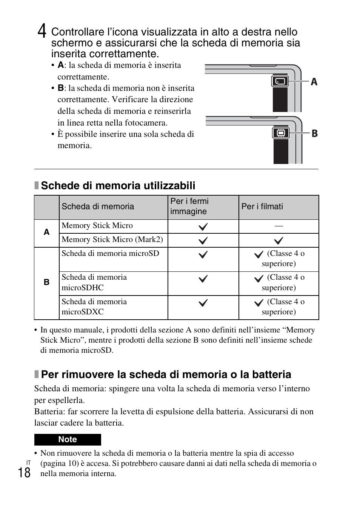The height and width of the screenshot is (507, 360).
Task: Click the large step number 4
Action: coord(42,31)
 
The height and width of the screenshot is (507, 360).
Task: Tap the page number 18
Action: coord(24,472)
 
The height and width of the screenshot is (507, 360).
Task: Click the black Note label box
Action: coord(68,440)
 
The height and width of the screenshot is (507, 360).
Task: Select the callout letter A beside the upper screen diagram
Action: coord(314,82)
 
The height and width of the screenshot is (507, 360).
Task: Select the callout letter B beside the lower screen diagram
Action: coord(314,133)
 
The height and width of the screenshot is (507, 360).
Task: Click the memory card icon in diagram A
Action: coord(280,81)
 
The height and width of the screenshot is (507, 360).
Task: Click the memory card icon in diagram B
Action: coord(280,133)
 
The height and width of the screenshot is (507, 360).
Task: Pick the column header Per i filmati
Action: coord(262,207)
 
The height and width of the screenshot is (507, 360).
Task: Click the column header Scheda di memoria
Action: coord(98,207)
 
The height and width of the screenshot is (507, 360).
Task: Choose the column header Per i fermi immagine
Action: coord(189,206)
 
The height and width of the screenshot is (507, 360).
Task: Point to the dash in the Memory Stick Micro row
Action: coord(278,226)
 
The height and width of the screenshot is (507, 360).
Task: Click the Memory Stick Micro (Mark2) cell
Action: coord(112,240)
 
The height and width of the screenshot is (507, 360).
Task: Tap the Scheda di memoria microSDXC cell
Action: coord(94,307)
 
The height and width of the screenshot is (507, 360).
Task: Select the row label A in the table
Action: coord(46,232)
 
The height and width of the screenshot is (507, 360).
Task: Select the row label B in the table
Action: coord(46,282)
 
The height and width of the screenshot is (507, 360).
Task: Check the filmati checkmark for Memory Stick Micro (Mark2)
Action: coord(278,240)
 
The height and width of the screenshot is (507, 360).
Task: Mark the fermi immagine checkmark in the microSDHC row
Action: coord(203,279)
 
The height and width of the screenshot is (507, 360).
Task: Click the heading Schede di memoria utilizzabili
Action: coord(118,185)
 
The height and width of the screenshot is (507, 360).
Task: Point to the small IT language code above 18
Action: coord(28,462)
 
